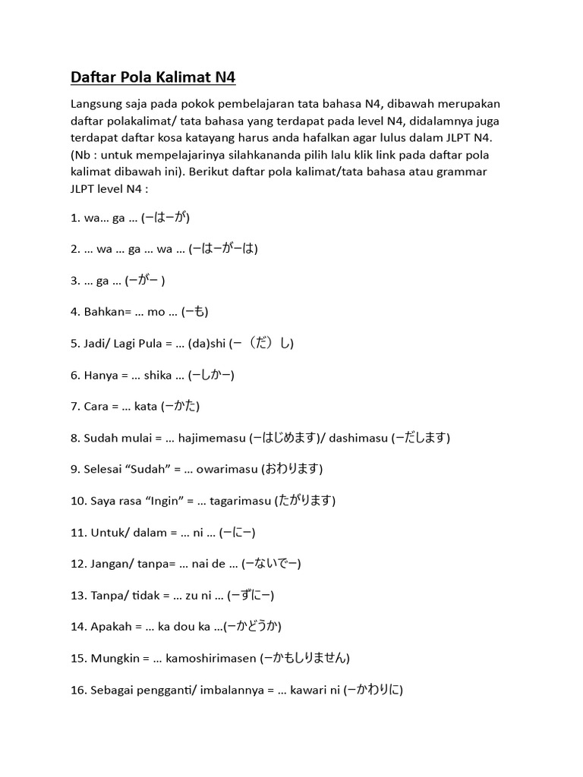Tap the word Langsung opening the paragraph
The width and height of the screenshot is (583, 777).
(98, 103)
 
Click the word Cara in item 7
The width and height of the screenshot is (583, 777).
(97, 406)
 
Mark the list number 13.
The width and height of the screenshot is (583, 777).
(78, 596)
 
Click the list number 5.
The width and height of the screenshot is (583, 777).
(75, 343)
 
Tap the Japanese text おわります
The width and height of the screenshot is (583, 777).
(292, 469)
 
